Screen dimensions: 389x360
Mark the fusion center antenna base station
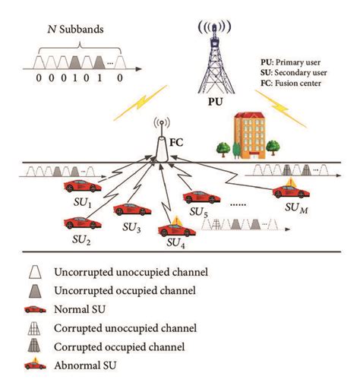tap(160, 145)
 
